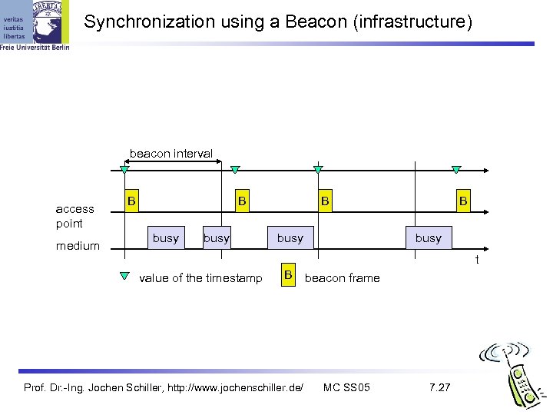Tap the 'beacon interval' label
[x=171, y=154]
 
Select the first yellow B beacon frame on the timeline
[x=131, y=201]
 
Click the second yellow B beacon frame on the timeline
[x=242, y=201]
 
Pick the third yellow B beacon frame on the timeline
[x=326, y=201]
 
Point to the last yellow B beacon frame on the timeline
[x=463, y=201]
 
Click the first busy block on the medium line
[x=165, y=238]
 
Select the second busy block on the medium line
[x=216, y=238]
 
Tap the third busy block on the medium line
[x=290, y=238]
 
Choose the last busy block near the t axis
[x=428, y=238]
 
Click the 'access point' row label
[x=75, y=216]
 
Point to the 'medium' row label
[x=78, y=246]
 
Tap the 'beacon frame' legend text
[x=342, y=278]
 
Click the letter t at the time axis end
[x=476, y=261]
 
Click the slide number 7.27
[x=440, y=387]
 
